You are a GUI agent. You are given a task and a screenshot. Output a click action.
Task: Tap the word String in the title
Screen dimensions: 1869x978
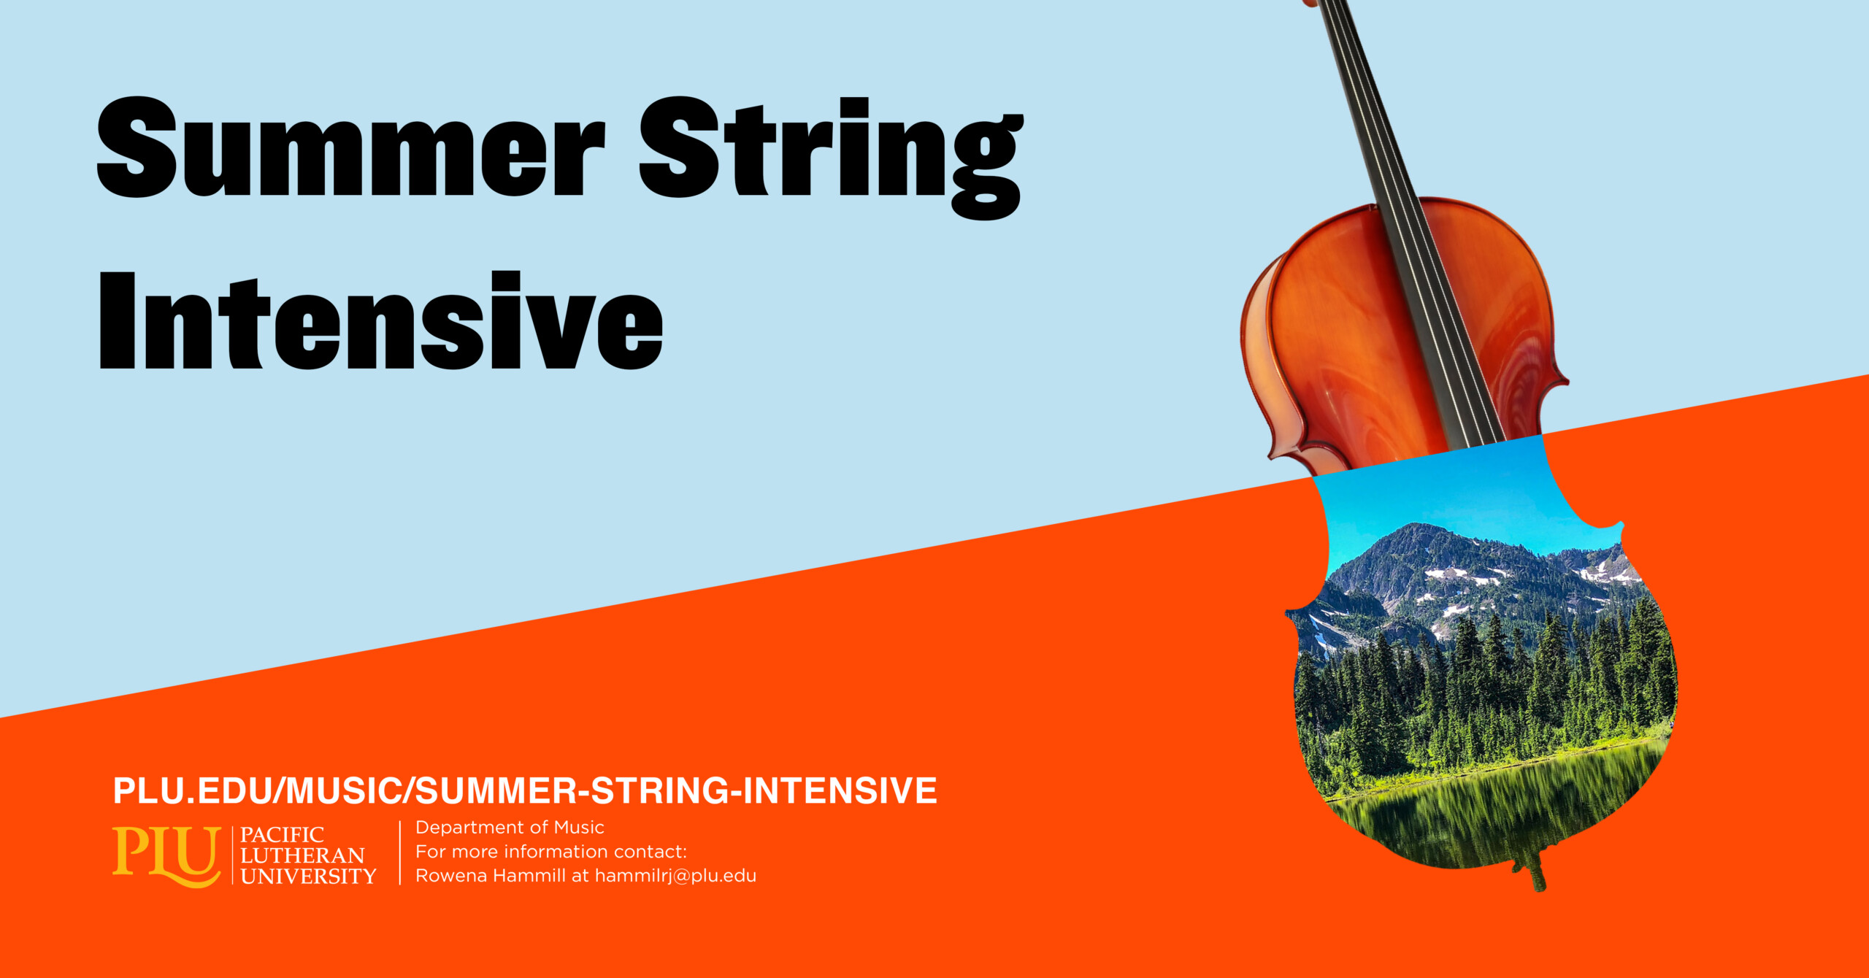(832, 158)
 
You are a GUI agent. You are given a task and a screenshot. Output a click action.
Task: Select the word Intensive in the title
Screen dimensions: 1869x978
(381, 320)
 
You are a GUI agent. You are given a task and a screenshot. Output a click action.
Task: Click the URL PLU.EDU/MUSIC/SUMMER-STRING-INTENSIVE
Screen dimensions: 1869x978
(525, 791)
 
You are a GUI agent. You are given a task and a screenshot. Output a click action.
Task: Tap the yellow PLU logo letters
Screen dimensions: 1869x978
(166, 855)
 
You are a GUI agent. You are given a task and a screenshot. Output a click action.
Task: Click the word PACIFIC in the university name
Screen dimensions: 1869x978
(282, 835)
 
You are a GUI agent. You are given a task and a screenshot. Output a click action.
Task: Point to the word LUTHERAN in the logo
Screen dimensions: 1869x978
(302, 855)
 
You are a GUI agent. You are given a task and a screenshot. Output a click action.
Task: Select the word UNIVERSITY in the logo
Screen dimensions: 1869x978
(308, 876)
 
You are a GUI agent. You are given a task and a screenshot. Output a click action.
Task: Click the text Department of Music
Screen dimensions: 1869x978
(510, 828)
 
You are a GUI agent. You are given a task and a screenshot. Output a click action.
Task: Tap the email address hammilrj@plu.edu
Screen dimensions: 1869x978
(675, 876)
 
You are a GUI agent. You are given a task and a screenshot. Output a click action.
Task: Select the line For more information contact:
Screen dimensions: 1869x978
(551, 852)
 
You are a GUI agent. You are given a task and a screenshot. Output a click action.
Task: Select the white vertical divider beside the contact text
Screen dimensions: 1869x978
(400, 852)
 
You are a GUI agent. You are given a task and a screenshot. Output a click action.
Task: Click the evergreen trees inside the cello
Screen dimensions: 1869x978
(1482, 693)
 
